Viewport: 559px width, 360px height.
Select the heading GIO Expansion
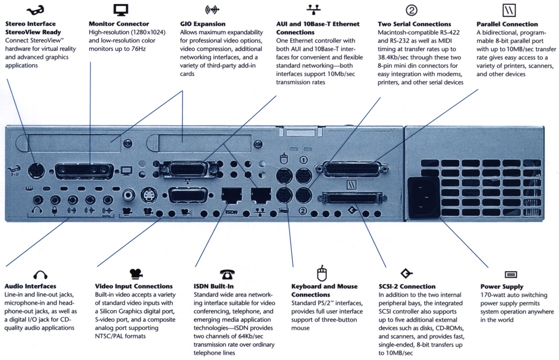[x=202, y=24]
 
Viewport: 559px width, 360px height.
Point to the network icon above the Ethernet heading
[x=313, y=9]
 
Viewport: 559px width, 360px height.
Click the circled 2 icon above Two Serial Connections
[x=411, y=9]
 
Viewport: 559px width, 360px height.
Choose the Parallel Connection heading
[x=507, y=24]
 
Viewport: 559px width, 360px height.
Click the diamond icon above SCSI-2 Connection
[x=406, y=273]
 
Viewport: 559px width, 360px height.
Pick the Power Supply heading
[x=502, y=287]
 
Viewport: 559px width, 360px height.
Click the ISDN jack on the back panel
[x=231, y=195]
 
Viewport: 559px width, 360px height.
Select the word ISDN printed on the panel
[x=231, y=211]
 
